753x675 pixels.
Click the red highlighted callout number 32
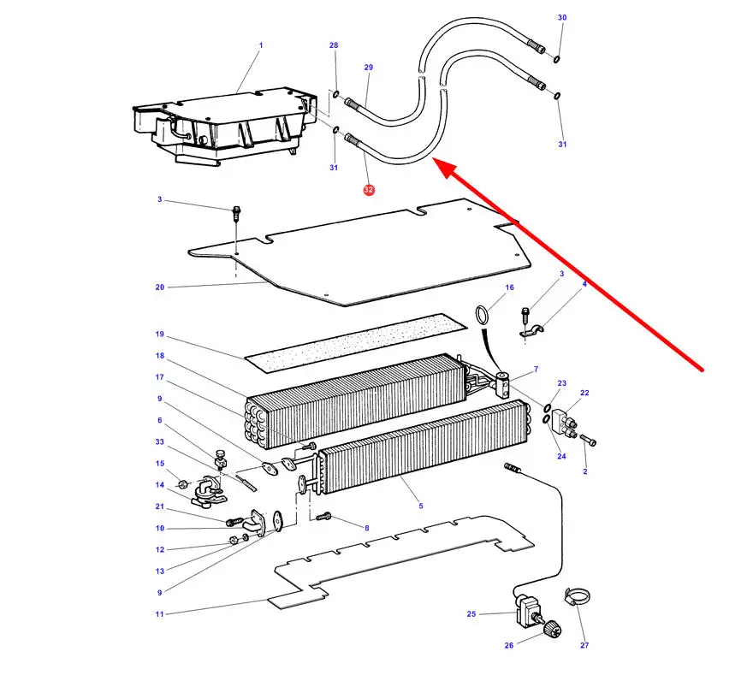click(x=369, y=189)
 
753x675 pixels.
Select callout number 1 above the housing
click(x=261, y=45)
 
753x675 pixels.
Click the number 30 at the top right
click(x=562, y=18)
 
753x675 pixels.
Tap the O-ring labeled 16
click(x=483, y=313)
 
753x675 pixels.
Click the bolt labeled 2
click(x=588, y=441)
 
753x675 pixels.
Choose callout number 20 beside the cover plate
click(x=160, y=287)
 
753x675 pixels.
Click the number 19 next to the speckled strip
click(x=160, y=334)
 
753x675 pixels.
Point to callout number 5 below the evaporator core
click(x=421, y=506)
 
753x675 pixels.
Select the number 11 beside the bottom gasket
click(x=160, y=613)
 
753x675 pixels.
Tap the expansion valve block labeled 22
click(x=564, y=421)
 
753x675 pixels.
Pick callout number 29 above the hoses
click(x=369, y=67)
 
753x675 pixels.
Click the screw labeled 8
click(x=324, y=517)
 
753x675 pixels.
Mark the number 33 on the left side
click(x=160, y=441)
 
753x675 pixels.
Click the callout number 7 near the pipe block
click(x=536, y=370)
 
